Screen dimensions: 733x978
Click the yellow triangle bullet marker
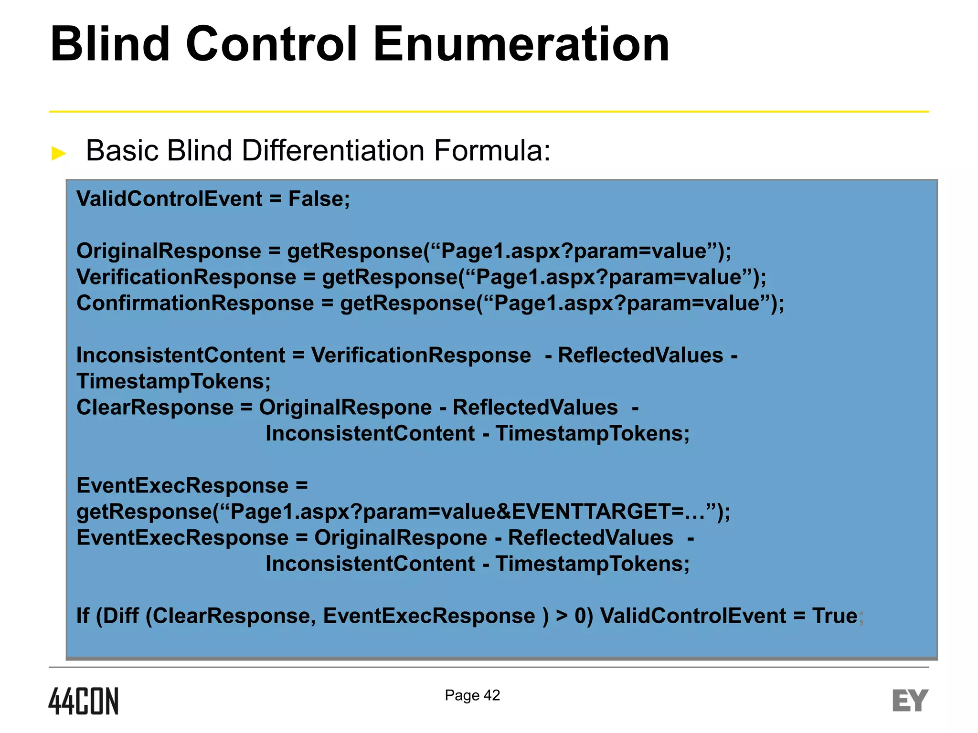59,153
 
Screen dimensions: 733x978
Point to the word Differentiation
333,151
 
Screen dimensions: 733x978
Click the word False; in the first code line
319,199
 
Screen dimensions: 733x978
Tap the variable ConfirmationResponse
195,303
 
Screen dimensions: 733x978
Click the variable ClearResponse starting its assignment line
155,408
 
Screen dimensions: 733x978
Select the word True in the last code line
835,616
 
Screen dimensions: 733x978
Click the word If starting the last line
83,616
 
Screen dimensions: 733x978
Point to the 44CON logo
84,701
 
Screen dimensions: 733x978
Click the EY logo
910,701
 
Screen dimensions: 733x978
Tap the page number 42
492,695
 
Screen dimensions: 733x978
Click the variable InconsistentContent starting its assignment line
181,356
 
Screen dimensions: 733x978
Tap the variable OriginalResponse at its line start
169,251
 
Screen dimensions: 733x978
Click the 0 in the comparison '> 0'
581,616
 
